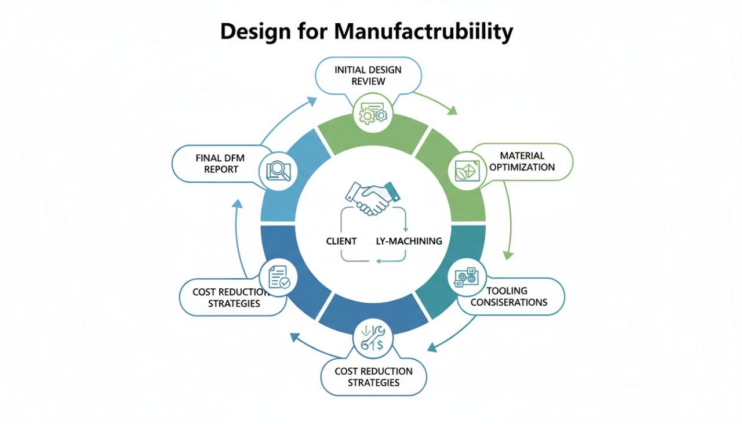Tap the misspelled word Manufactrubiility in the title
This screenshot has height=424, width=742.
pos(423,32)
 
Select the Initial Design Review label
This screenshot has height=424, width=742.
pos(368,75)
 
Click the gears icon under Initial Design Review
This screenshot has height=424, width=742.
pos(373,114)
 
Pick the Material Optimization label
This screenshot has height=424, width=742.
pos(522,161)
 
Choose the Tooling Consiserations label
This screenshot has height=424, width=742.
pos(508,296)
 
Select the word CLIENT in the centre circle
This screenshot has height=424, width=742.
pos(341,241)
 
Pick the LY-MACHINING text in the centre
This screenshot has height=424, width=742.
pos(409,241)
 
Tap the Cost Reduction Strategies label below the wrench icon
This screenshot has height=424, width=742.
pos(373,376)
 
